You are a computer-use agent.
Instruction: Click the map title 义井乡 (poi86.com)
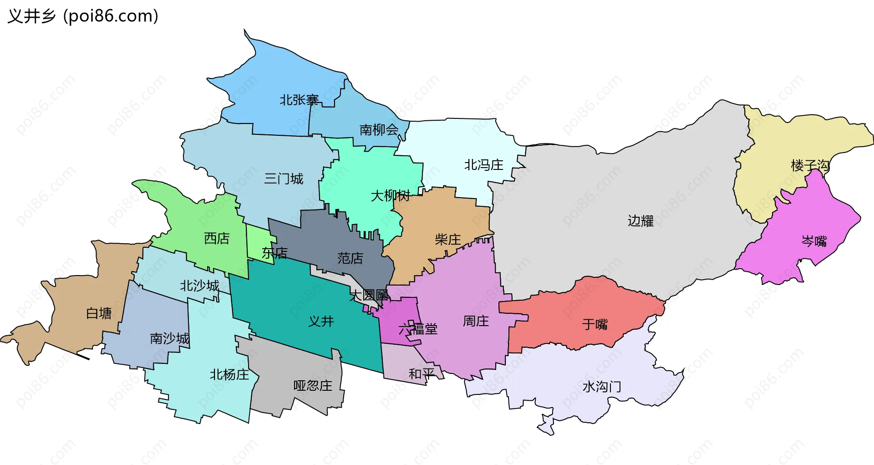tap(83, 16)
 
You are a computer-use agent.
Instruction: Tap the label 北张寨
tap(299, 100)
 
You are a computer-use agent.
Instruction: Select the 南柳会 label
tap(379, 130)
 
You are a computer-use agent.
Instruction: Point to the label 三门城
tap(284, 179)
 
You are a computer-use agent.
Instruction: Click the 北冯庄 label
tap(483, 165)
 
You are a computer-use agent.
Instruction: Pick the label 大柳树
tap(390, 196)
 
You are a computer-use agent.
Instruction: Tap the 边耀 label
tap(640, 221)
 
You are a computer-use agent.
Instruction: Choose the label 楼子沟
tap(810, 165)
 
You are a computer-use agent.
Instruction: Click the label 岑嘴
tap(814, 241)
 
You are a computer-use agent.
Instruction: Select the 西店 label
tap(217, 238)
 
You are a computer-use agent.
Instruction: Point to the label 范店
tap(350, 258)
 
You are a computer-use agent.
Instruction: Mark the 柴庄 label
tap(447, 240)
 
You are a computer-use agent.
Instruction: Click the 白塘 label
tap(99, 313)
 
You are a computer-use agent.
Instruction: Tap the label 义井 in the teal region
tap(321, 322)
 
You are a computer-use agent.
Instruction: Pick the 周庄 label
tap(476, 321)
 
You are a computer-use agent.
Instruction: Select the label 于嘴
tap(595, 324)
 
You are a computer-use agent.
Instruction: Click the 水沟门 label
tap(601, 387)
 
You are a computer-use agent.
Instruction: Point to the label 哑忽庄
tap(313, 386)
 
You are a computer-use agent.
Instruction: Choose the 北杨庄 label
tap(229, 375)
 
